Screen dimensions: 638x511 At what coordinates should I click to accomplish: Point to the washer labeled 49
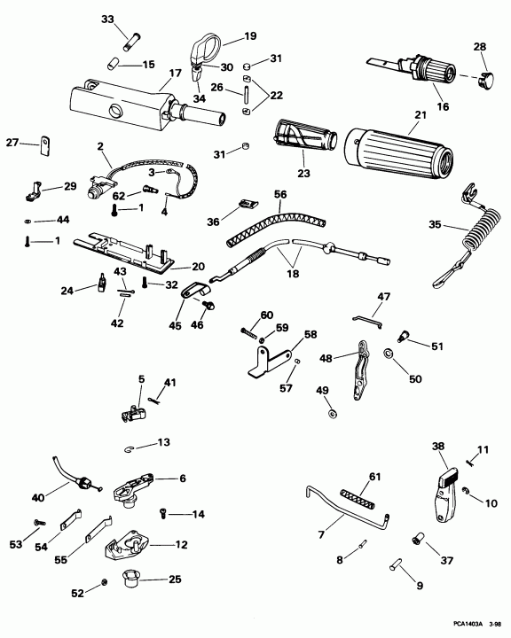[331, 414]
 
